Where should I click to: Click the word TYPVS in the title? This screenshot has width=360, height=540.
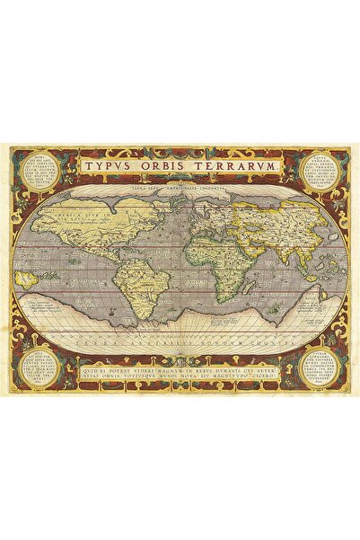click(x=109, y=167)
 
